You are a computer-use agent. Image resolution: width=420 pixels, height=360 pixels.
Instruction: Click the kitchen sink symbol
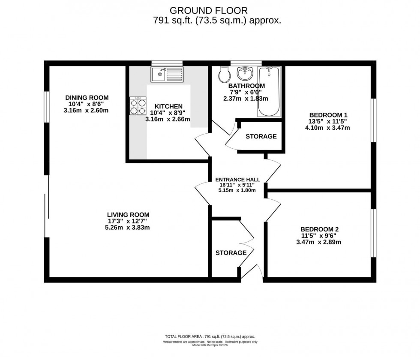coord(167,75)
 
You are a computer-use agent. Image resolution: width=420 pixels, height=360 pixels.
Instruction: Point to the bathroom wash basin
coord(246,73)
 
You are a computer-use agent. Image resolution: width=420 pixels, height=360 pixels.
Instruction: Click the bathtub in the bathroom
coord(269,91)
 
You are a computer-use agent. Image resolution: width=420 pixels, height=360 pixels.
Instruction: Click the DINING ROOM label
coord(87,97)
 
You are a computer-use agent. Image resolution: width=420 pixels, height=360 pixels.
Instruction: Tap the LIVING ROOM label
coord(128,215)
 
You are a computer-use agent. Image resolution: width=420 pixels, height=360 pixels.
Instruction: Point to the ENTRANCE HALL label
coord(237,180)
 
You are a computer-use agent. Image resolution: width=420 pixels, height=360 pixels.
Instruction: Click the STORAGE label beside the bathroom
coord(261,137)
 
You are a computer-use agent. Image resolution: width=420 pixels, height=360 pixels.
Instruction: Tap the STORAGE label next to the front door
coord(231,253)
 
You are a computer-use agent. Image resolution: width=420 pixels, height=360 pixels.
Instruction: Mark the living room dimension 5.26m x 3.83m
coord(128,228)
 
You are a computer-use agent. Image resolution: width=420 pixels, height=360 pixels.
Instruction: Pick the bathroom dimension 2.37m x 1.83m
coord(246,98)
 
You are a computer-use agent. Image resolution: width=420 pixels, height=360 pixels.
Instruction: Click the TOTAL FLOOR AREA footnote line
coord(210,337)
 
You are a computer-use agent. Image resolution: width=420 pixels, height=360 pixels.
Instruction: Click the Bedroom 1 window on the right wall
coord(373,120)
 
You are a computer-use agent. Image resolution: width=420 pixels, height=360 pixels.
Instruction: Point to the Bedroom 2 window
coord(373,233)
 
